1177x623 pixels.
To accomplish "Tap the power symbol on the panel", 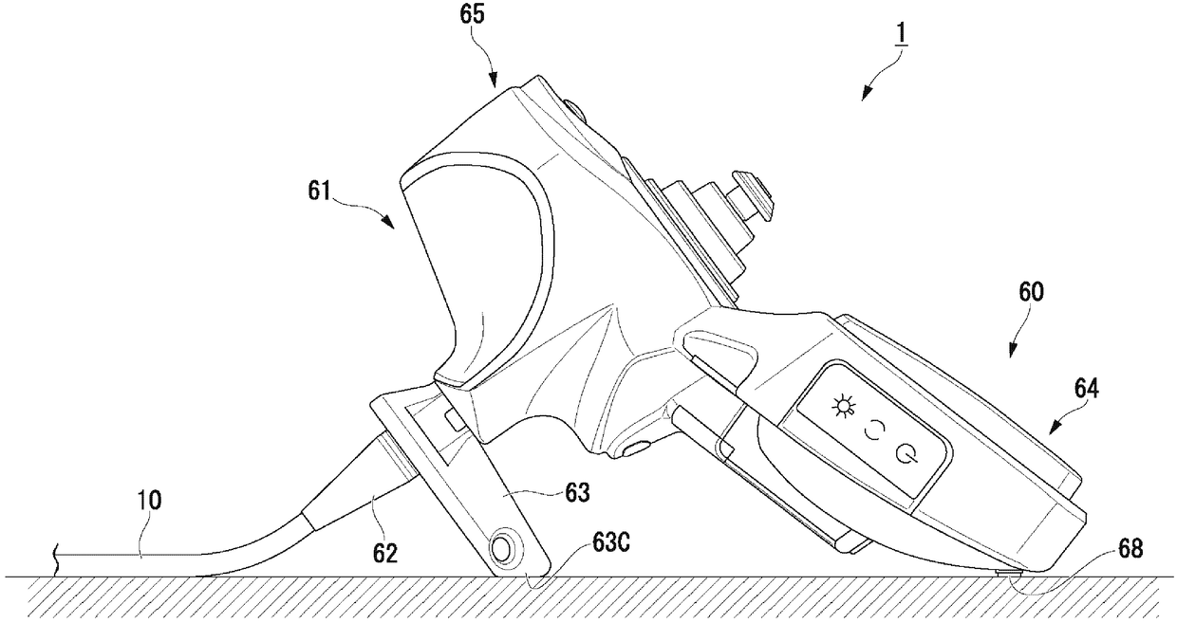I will [908, 451].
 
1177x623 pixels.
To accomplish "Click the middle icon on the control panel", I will [873, 431].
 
